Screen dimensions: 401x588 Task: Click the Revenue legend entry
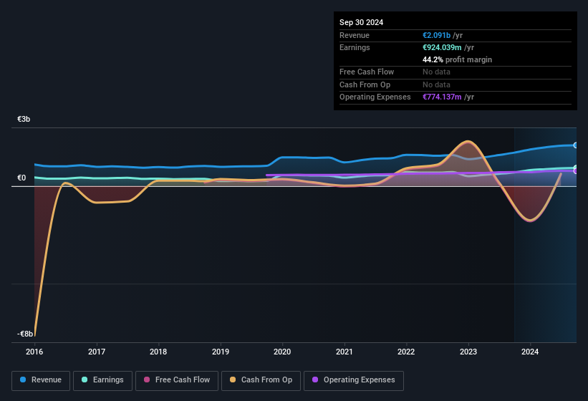(x=41, y=380)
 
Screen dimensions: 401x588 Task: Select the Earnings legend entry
(x=102, y=380)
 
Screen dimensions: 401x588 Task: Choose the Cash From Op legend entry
(x=261, y=380)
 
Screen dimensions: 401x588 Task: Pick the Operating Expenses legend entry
(x=354, y=380)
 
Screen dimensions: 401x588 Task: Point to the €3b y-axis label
(x=24, y=120)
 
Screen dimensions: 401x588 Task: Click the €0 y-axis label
(x=21, y=178)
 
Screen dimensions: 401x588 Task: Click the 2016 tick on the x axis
(x=34, y=352)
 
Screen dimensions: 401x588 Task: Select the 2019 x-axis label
(x=221, y=352)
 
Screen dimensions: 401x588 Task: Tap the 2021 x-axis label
(x=344, y=352)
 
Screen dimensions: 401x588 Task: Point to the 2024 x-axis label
(x=530, y=352)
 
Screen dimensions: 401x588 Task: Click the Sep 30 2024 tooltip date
(x=361, y=22)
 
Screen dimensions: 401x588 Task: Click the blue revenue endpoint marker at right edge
(x=576, y=145)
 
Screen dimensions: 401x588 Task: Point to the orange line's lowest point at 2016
(x=34, y=334)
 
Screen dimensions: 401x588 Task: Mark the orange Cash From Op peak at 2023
(x=468, y=141)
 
